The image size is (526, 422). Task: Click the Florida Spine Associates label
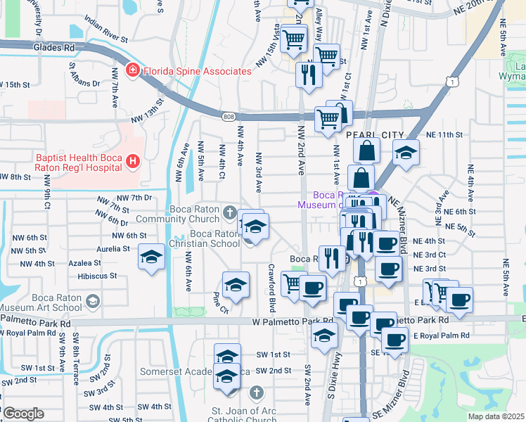coord(197,71)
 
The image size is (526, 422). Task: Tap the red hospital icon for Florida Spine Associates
coord(131,71)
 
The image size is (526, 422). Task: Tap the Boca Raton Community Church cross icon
coord(229,212)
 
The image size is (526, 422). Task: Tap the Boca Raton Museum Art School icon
coord(92,302)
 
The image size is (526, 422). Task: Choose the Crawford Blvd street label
coord(271,279)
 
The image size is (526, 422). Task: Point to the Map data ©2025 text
coord(496,416)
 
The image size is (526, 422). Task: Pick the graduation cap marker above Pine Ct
coord(236,285)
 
